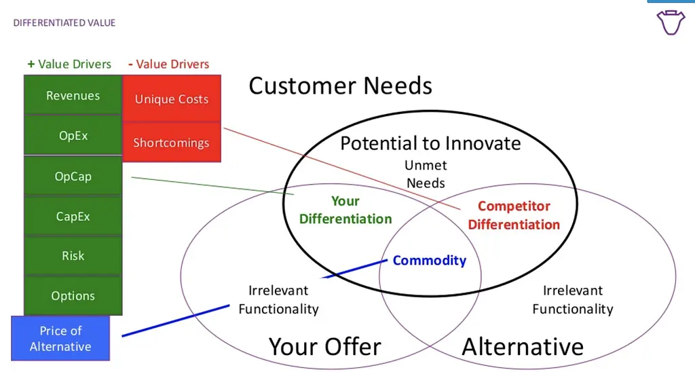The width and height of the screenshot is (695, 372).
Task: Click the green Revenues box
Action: point(73,94)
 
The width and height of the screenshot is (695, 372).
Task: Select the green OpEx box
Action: point(73,135)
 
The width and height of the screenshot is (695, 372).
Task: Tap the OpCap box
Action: point(73,176)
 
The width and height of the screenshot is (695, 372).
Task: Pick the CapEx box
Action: point(73,216)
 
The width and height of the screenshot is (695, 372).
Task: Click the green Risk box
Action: point(73,255)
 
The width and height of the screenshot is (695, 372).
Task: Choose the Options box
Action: point(73,295)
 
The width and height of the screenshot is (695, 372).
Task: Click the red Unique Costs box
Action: point(172,98)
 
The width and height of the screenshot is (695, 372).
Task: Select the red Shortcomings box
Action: point(172,142)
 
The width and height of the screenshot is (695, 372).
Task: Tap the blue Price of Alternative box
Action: point(60,338)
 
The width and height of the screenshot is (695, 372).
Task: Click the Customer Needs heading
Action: point(341,86)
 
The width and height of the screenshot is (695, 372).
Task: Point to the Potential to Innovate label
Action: point(430,143)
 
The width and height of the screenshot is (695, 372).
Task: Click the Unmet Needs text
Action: point(426,174)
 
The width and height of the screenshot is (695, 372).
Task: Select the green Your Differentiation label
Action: point(345,210)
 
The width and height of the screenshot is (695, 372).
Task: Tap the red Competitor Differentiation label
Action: point(514,215)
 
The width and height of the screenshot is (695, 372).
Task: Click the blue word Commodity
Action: point(430,260)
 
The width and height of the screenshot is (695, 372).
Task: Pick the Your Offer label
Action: point(325,346)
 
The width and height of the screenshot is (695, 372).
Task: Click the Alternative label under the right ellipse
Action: point(523,346)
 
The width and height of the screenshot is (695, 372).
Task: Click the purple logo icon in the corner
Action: point(671,22)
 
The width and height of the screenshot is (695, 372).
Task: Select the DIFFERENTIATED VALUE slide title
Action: point(64,22)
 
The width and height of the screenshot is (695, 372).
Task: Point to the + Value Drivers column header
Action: point(69,64)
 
